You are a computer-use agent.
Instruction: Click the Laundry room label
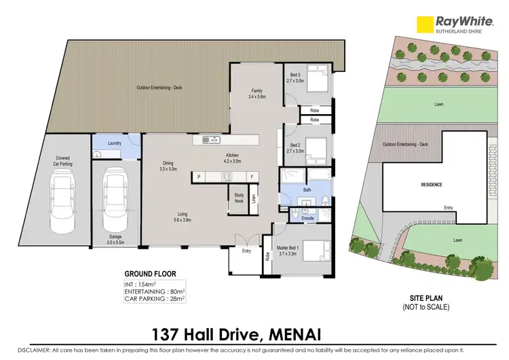(113, 143)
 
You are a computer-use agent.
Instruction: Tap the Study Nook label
(239, 196)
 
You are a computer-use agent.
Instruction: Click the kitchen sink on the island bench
(210, 140)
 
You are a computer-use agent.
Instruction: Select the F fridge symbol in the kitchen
(251, 177)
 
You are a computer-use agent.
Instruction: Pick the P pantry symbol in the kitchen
(199, 177)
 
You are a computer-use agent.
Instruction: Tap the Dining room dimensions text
(167, 168)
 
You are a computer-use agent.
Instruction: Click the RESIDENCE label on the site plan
(432, 184)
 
